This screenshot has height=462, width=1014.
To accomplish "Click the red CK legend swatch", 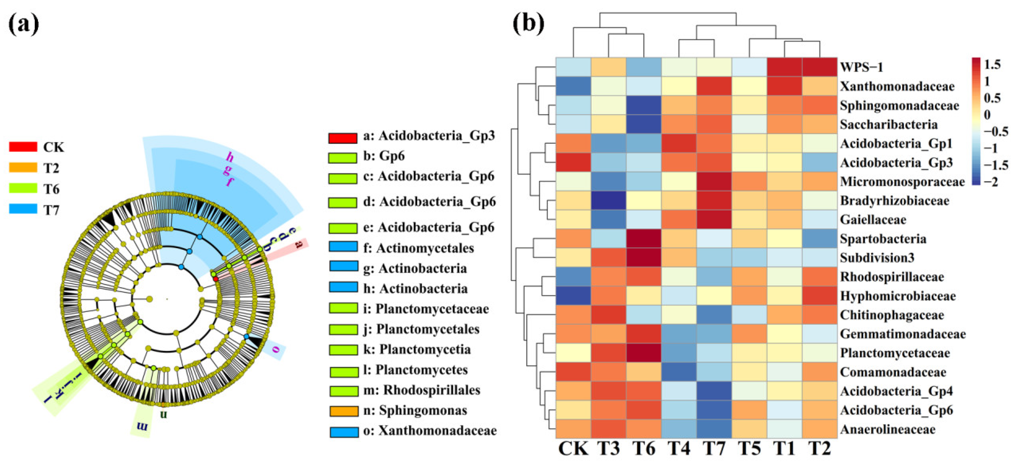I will pyautogui.click(x=23, y=147).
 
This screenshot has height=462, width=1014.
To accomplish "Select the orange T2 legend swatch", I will pyautogui.click(x=23, y=168).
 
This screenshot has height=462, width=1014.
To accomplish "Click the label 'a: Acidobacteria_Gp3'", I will pyautogui.click(x=429, y=136).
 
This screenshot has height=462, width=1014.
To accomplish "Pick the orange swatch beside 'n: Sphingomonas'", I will pyautogui.click(x=344, y=411).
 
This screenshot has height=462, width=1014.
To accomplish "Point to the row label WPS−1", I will pyautogui.click(x=861, y=67).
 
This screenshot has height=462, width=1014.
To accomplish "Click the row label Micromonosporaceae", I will pyautogui.click(x=902, y=181).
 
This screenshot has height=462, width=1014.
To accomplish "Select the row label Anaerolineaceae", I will pyautogui.click(x=888, y=429).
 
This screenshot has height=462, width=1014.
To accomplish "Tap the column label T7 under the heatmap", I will pyautogui.click(x=714, y=449).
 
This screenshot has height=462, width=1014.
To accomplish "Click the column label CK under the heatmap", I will pyautogui.click(x=573, y=449).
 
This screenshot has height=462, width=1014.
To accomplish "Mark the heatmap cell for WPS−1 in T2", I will pyautogui.click(x=820, y=67).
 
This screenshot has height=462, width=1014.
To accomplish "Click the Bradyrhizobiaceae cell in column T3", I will pyautogui.click(x=608, y=200).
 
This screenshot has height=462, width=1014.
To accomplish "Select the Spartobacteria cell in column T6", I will pyautogui.click(x=643, y=239).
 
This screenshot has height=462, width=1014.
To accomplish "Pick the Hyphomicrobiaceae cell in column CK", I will pyautogui.click(x=573, y=296).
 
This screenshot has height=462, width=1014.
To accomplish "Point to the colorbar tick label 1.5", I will pyautogui.click(x=992, y=64).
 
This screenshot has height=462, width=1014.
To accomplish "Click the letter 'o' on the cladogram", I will pyautogui.click(x=276, y=349).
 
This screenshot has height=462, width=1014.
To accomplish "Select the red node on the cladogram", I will pyautogui.click(x=216, y=279).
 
